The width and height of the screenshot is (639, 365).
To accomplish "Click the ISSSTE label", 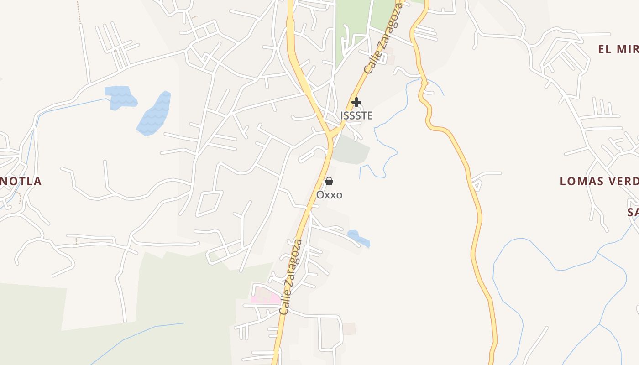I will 356,116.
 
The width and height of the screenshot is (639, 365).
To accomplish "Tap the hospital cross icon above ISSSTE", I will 356,102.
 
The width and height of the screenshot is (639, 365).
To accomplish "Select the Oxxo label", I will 329,195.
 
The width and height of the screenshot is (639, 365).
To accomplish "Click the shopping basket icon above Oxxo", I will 329,182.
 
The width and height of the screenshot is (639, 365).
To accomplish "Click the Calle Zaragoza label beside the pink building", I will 292,277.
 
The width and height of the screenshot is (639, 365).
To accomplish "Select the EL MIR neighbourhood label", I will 618,49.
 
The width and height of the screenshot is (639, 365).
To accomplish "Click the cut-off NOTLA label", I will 21,181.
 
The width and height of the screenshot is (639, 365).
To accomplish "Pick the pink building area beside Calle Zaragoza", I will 266,298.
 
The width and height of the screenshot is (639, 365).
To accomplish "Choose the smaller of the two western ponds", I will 121,97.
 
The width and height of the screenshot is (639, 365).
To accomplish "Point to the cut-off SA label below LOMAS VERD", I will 632,212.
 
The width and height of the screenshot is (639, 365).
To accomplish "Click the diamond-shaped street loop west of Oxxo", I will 210,203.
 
